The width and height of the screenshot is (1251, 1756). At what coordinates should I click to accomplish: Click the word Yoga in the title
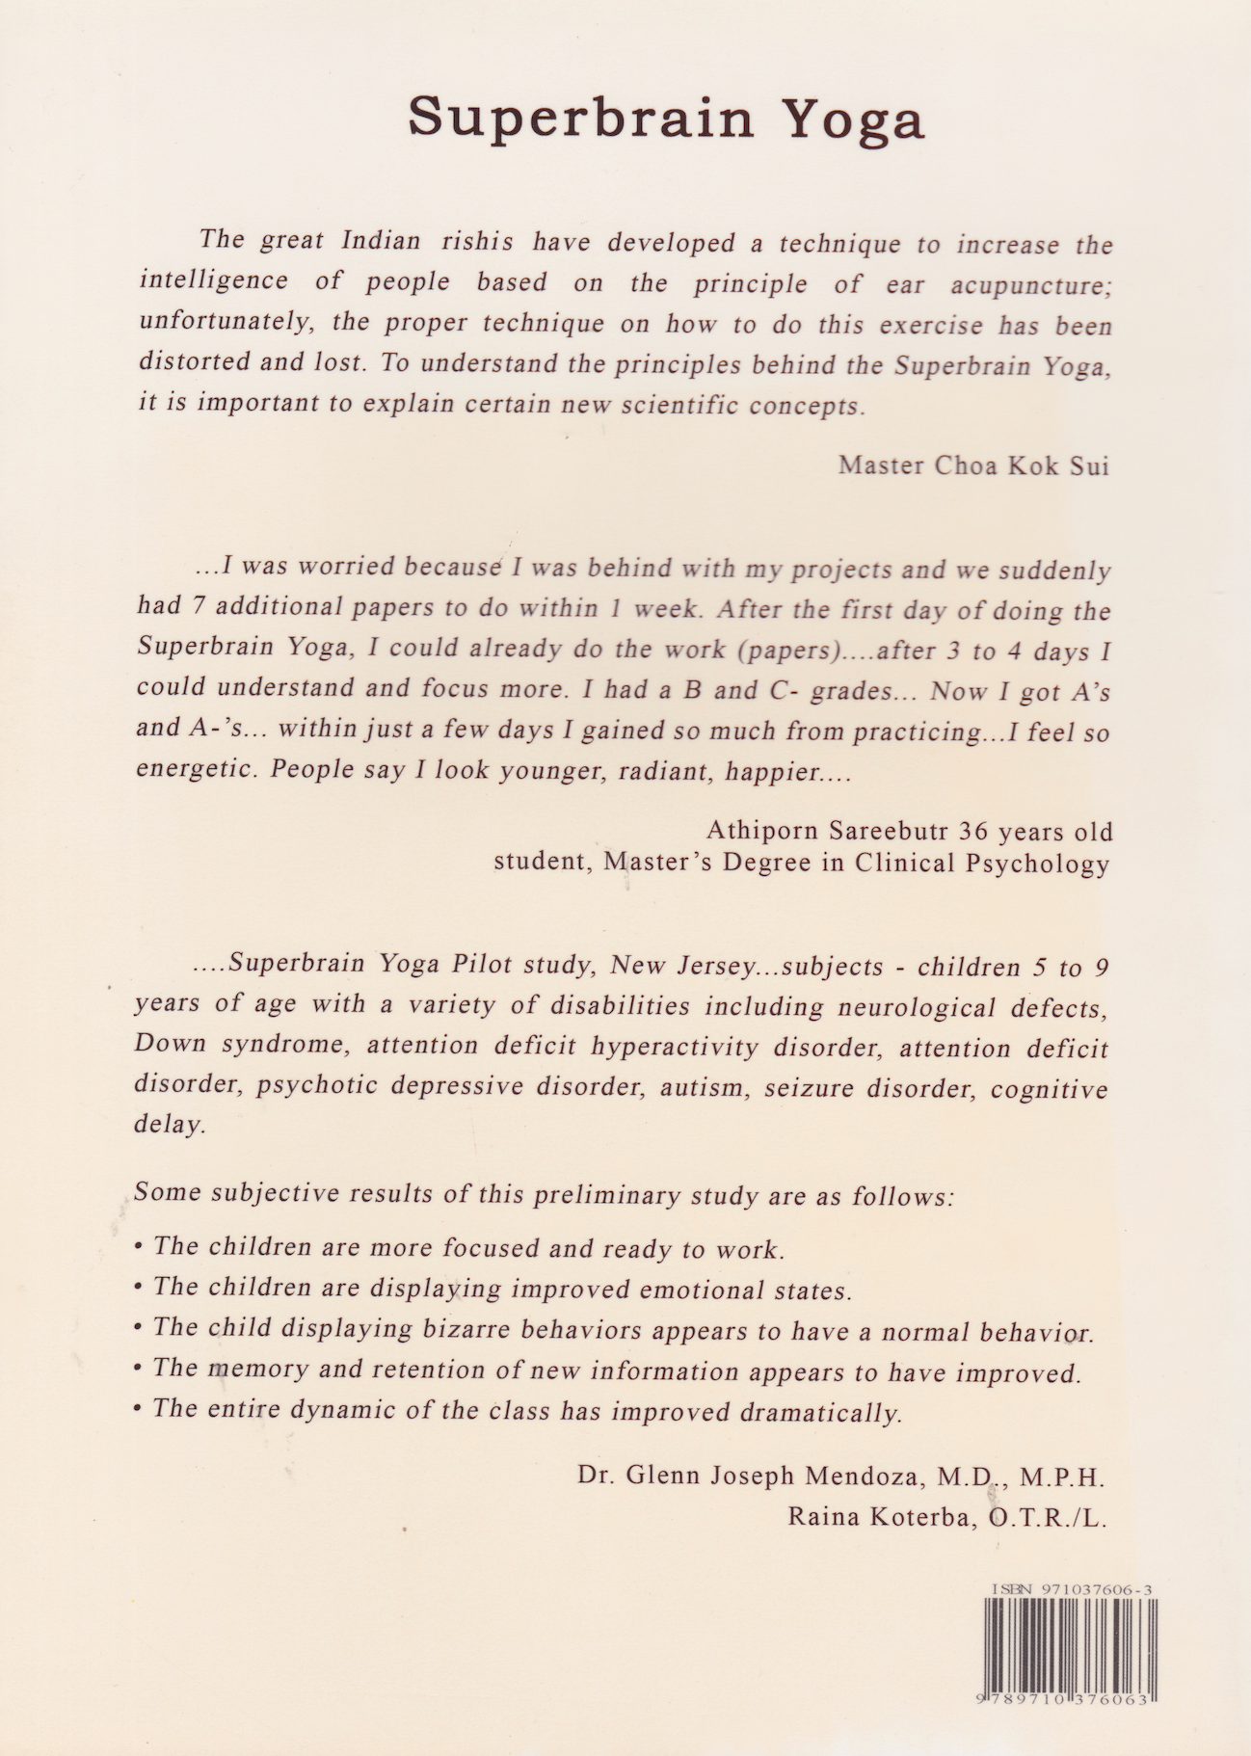click(x=852, y=120)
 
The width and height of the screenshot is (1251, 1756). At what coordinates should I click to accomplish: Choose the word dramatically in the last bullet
click(x=820, y=1412)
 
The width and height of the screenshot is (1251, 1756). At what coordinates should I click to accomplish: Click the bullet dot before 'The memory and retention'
click(x=140, y=1370)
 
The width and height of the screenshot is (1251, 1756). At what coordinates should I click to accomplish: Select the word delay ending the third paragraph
click(x=170, y=1124)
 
